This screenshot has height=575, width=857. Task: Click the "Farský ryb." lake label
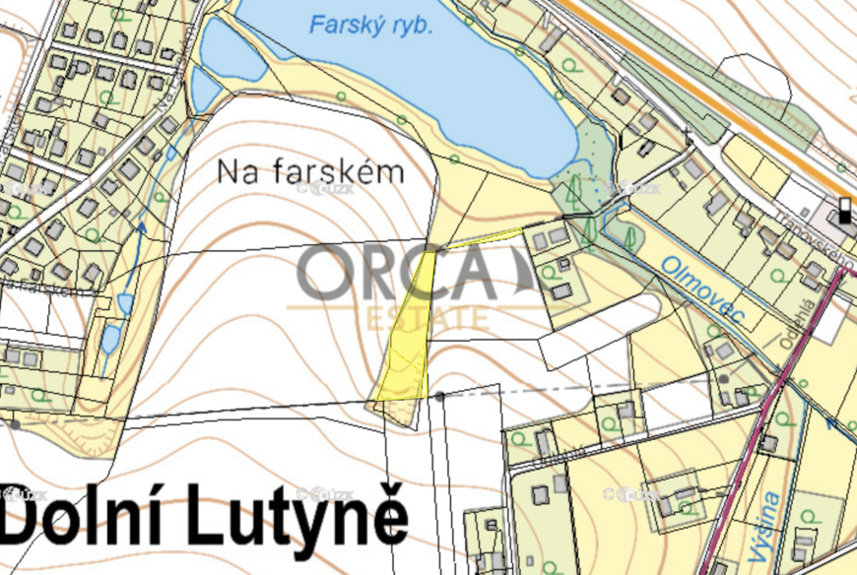click(x=371, y=25)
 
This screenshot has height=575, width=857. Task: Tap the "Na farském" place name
click(x=310, y=172)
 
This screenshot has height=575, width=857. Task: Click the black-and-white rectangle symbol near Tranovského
click(x=844, y=211)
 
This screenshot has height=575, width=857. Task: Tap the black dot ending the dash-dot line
click(x=439, y=395)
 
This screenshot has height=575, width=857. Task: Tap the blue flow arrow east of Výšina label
click(x=832, y=425)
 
